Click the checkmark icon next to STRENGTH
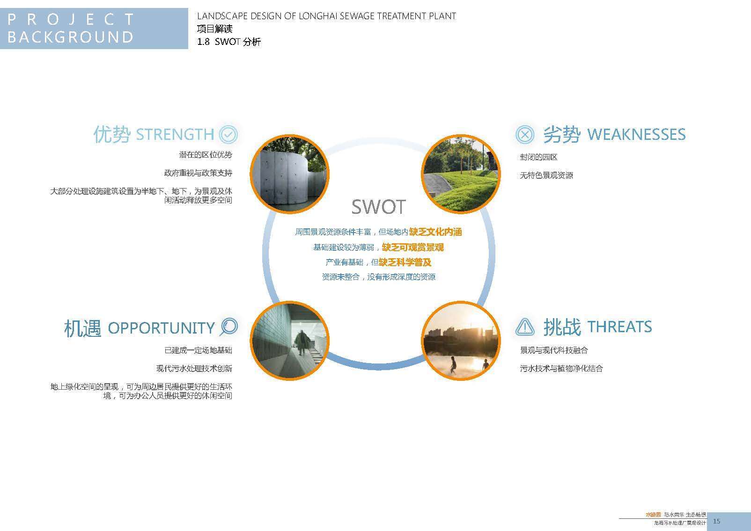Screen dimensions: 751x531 tap(228, 135)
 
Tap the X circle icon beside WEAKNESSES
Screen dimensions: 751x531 tap(525, 135)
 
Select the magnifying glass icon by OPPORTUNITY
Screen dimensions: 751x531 tap(229, 327)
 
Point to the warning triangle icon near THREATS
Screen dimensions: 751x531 tap(525, 327)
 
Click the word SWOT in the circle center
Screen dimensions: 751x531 tap(378, 207)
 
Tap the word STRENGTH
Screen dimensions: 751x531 tap(175, 135)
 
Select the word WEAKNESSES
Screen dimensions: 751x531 tap(636, 134)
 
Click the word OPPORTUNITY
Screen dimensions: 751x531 tap(161, 328)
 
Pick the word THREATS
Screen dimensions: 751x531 tap(619, 327)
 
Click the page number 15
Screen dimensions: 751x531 tap(716, 521)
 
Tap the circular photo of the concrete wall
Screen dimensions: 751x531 tap(290, 174)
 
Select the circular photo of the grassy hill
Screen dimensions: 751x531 tap(461, 174)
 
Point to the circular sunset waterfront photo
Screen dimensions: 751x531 tap(461, 341)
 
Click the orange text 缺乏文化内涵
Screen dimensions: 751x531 tap(435, 232)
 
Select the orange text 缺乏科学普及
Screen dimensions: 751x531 tap(405, 262)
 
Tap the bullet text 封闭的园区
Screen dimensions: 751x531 tap(538, 157)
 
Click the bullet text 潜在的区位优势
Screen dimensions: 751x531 tap(206, 155)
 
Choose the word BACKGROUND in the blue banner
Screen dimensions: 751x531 tap(70, 37)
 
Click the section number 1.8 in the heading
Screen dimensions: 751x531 tap(204, 42)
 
